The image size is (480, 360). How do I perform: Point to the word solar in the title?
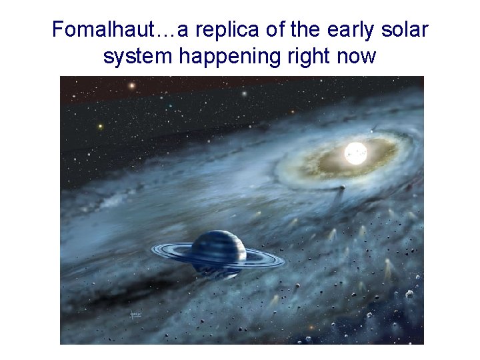point(405,30)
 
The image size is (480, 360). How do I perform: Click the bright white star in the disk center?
point(355,153)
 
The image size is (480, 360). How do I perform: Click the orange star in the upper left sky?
point(132,85)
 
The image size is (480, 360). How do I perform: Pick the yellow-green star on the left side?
point(100,125)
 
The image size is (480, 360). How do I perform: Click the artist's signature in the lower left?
point(135,315)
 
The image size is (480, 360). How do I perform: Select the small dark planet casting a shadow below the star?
point(342,189)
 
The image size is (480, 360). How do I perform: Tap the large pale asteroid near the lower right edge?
point(409,294)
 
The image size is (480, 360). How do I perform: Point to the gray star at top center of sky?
point(244,94)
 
